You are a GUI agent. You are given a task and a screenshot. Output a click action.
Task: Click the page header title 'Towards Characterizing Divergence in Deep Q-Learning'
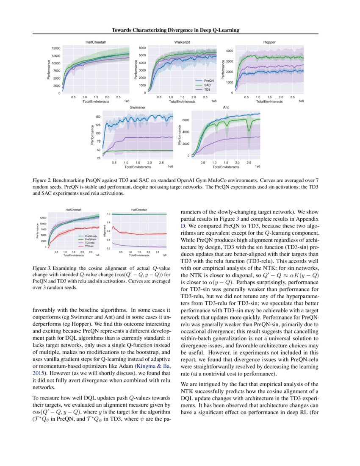coord(175,30)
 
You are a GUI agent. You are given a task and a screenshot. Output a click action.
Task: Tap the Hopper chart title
coord(269,42)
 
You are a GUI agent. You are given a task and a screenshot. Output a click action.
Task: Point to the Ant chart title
coord(226,108)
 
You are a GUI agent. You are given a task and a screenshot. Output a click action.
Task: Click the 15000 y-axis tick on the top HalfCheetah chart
coord(56,48)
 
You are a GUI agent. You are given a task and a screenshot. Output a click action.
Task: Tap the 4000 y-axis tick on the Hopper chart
coord(229,51)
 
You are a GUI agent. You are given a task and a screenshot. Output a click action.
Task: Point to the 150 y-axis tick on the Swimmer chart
coord(98,116)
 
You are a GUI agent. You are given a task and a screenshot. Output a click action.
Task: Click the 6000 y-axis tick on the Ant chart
coord(185,120)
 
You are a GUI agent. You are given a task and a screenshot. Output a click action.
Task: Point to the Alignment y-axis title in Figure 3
coord(104,231)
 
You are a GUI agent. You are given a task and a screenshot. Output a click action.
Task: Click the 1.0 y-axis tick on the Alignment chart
coord(108,214)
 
